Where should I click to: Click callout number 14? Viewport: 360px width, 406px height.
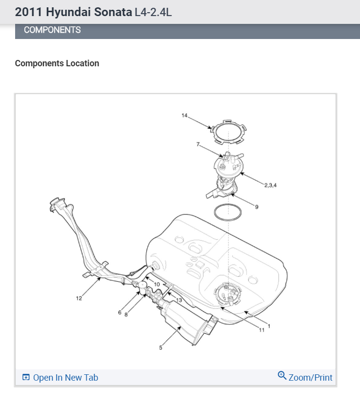184,116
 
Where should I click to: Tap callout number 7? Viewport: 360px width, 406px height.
198,144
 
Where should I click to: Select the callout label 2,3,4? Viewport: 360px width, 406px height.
271,185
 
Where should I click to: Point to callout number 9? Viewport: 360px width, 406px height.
257,207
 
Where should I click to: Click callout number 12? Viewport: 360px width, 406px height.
79,298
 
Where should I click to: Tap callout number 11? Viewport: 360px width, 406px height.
261,330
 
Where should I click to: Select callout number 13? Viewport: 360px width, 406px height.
179,300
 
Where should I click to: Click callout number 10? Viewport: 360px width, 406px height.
157,284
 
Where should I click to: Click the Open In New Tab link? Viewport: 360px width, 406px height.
65,378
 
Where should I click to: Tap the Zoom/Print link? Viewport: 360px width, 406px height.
310,378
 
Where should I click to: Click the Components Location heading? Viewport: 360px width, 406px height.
57,63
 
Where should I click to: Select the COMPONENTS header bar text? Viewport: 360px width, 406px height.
52,30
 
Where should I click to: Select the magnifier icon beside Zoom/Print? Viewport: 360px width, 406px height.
281,375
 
